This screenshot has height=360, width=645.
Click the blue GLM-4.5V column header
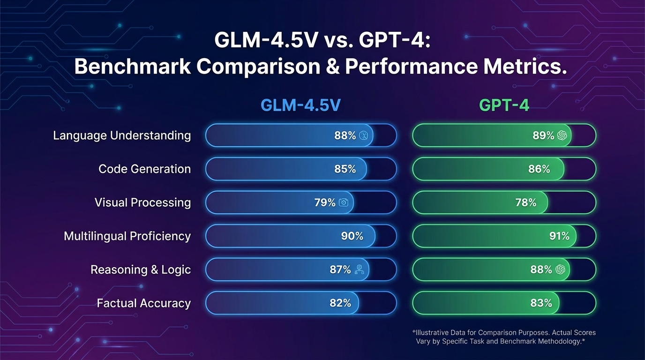pos(300,105)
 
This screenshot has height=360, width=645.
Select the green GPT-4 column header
pos(504,105)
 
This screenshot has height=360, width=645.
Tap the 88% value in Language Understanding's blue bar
pos(345,135)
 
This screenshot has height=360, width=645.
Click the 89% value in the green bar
pos(543,135)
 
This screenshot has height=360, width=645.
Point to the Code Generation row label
pos(144,169)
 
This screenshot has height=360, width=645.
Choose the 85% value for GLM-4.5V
pos(345,169)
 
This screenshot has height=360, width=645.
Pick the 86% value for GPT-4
pos(539,169)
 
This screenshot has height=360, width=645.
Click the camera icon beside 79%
pos(344,202)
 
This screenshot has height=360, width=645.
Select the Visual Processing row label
pos(142,202)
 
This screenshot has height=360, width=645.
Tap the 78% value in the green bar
pos(525,202)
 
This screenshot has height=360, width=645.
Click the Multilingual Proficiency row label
pos(127,236)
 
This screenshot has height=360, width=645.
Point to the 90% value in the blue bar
pos(352,236)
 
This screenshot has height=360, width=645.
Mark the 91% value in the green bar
pos(559,236)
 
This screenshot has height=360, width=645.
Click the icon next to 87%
pos(359,270)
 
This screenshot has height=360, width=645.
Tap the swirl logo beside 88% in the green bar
pos(560,270)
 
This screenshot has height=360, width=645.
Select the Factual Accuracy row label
pos(143,303)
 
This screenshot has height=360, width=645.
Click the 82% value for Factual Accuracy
pos(340,303)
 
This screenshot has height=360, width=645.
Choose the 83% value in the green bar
pos(541,303)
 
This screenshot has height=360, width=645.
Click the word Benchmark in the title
pos(132,67)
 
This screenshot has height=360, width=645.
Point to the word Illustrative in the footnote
pos(433,332)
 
